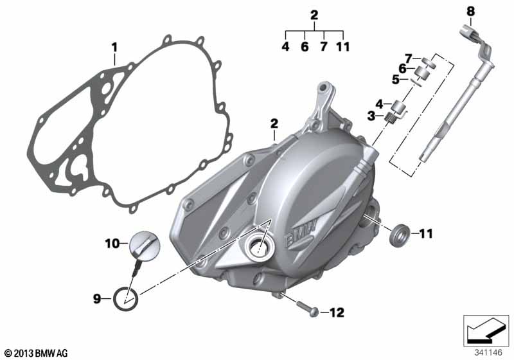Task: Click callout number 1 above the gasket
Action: point(114,48)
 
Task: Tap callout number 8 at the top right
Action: point(470,12)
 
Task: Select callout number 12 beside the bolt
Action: point(337,313)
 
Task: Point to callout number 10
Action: point(112,244)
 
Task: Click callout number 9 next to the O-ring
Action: point(97,299)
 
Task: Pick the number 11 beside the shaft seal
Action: point(426,234)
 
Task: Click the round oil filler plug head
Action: point(145,244)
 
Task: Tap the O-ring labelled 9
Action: point(125,298)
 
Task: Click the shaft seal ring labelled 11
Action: point(399,235)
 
